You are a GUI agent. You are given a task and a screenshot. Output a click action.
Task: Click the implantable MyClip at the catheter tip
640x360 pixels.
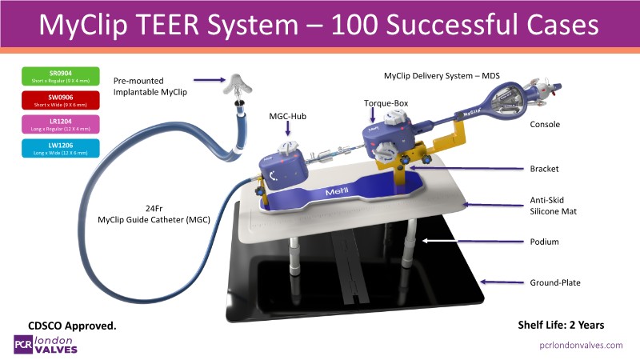tap(235, 86)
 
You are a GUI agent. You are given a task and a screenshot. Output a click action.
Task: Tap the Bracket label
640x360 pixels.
tap(546, 169)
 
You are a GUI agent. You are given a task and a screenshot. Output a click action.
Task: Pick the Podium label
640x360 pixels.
tap(546, 241)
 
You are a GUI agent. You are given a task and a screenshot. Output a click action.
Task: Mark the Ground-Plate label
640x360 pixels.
tap(555, 282)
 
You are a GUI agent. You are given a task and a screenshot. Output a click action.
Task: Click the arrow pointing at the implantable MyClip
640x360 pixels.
tap(203, 79)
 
